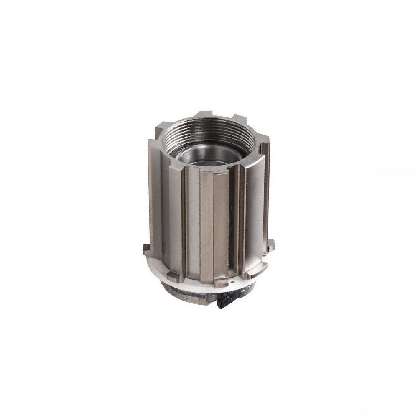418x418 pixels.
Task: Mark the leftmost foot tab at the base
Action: (x=145, y=248)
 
